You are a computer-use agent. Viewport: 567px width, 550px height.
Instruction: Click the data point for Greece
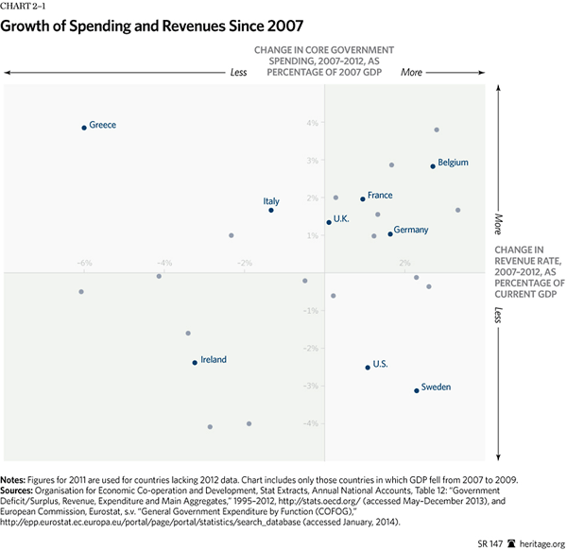point(84,127)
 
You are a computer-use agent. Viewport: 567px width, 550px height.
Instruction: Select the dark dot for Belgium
point(433,166)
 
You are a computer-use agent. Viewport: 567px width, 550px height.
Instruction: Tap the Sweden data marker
point(417,390)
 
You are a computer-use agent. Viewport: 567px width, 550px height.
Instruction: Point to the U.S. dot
point(368,367)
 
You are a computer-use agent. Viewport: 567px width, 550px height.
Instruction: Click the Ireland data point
point(195,362)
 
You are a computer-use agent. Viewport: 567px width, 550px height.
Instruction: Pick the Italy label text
point(271,201)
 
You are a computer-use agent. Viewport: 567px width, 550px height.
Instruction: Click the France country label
point(380,196)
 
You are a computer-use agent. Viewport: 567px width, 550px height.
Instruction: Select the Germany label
point(411,231)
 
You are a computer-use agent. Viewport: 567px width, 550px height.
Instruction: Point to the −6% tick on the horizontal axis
point(84,262)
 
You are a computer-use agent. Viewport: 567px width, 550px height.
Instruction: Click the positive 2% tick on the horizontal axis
point(404,262)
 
